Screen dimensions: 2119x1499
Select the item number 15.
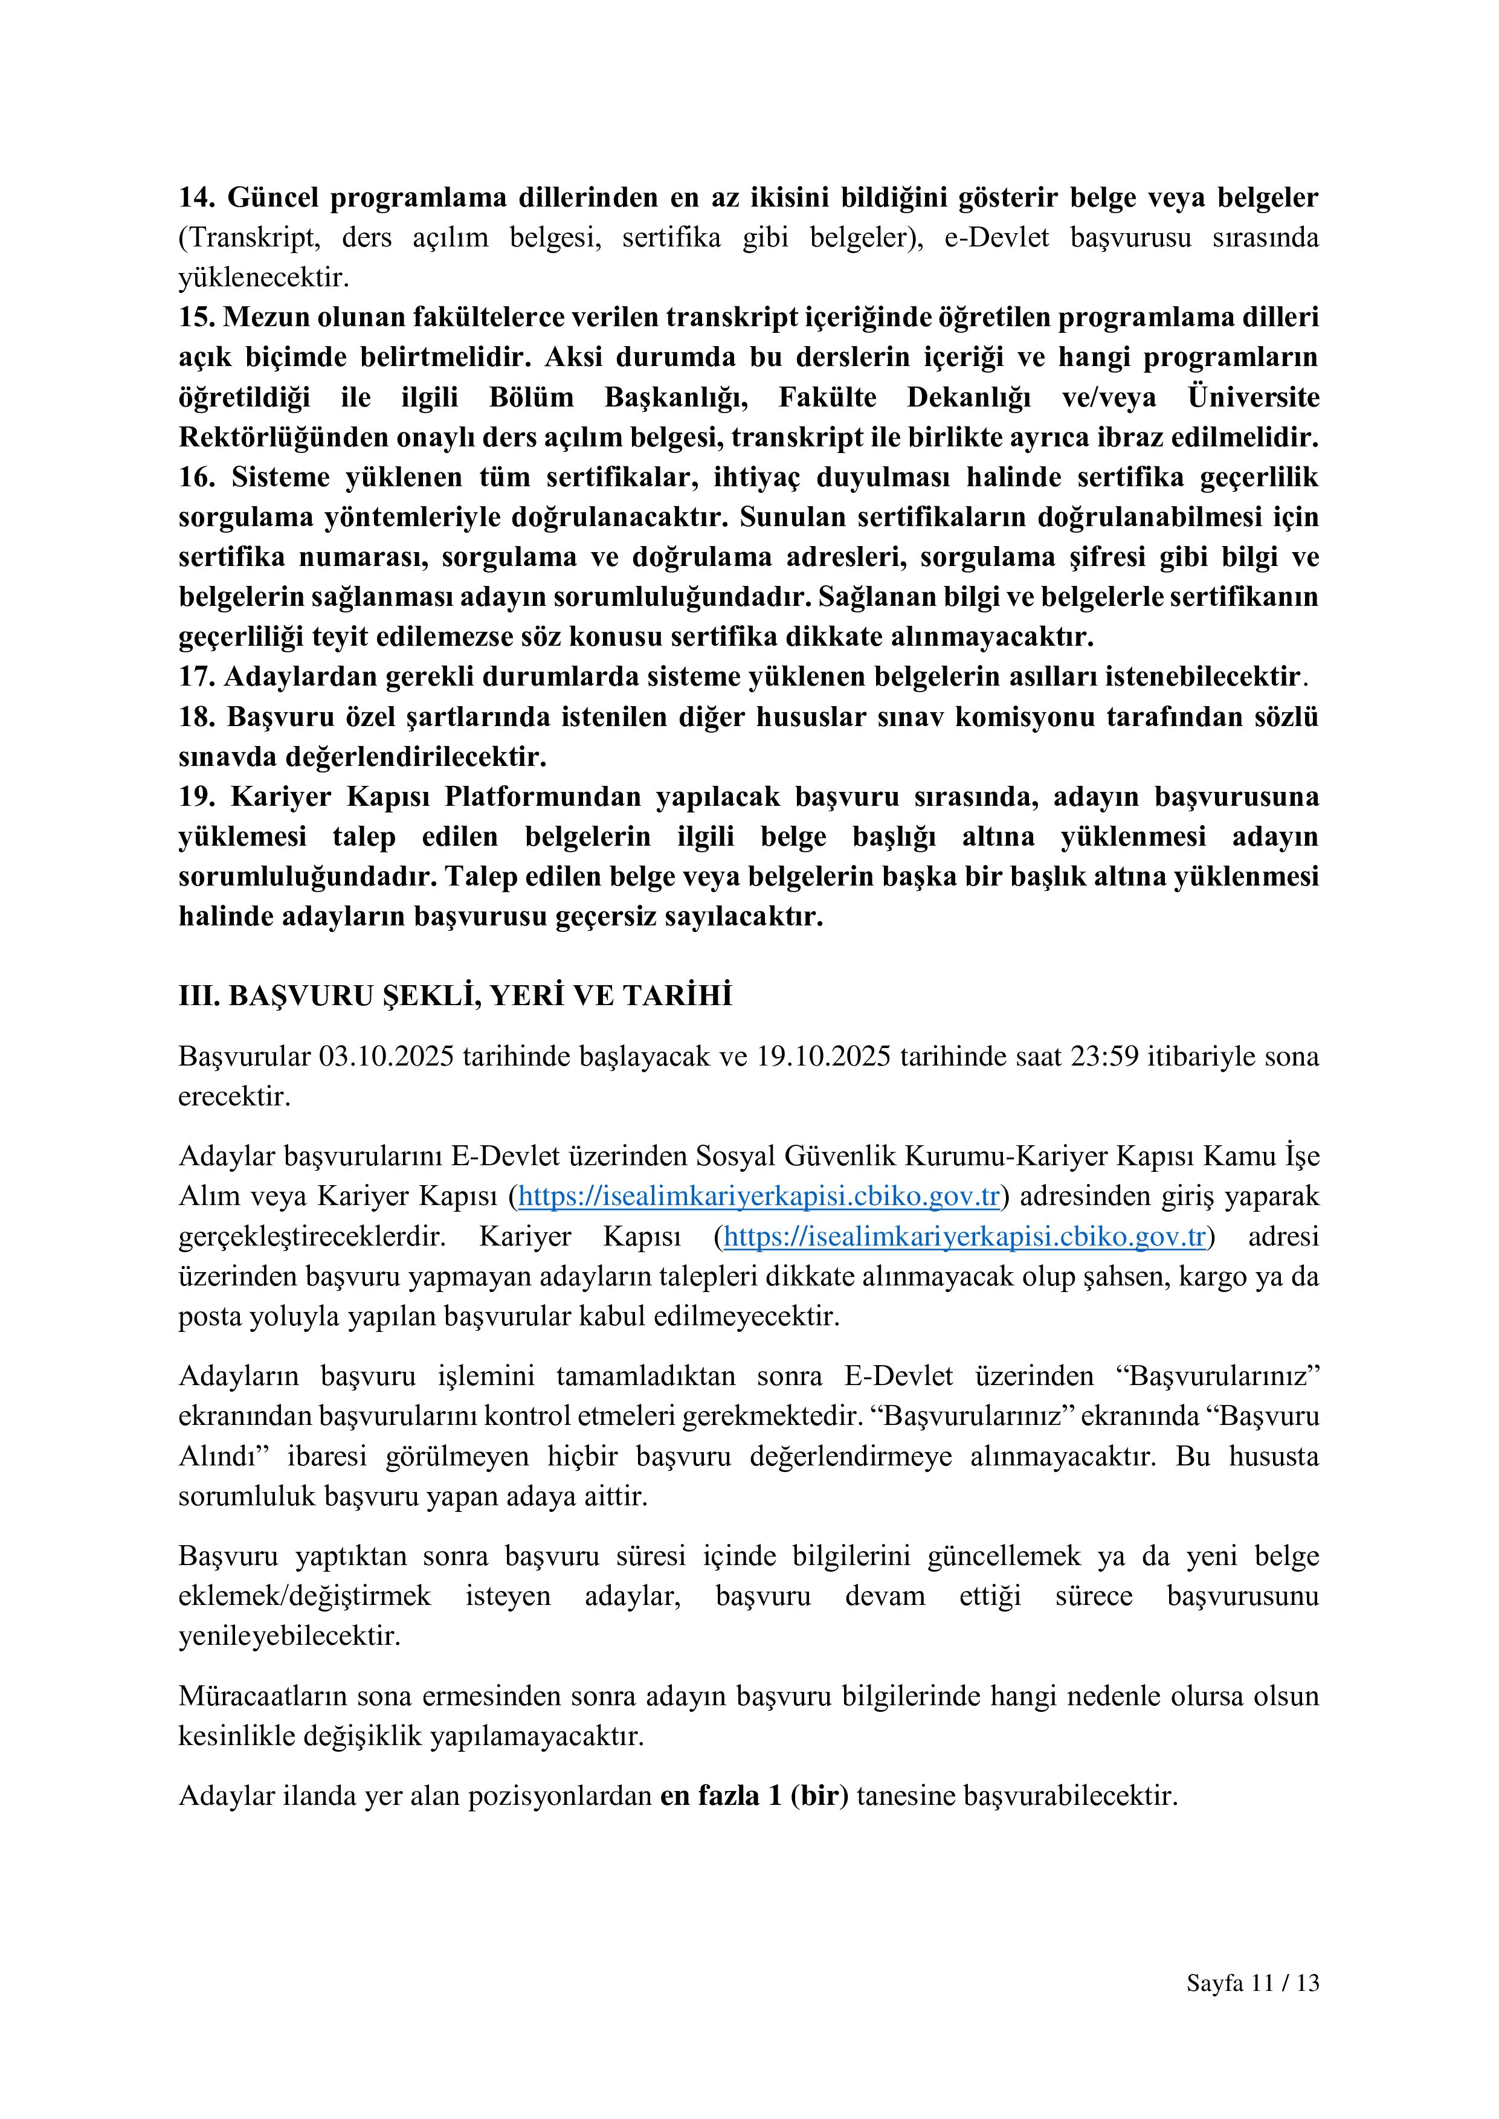coord(196,318)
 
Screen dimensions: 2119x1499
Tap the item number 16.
coord(196,478)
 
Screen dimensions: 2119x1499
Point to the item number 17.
coord(196,677)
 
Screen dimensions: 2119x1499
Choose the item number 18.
coord(196,717)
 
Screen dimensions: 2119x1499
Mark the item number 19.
coord(196,797)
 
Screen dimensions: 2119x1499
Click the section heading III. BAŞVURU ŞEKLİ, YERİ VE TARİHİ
coord(455,996)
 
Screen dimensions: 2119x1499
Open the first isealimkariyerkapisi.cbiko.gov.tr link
coord(759,1197)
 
